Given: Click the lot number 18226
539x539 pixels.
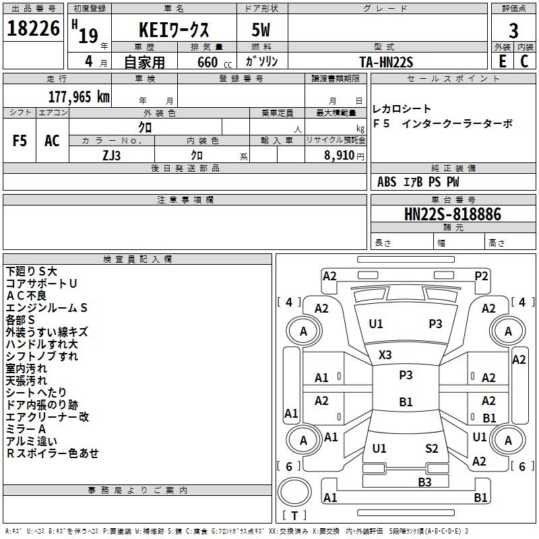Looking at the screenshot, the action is coord(33,28).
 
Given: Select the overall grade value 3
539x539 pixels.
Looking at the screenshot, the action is coord(513,31).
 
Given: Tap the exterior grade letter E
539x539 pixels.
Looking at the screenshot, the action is coord(503,61).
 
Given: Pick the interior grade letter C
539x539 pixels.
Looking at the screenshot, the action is coord(524,61).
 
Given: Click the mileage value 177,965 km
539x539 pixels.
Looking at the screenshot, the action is coord(79,97).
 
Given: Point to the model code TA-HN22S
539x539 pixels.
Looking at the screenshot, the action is coord(386,62).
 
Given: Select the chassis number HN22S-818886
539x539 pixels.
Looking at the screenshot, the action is coord(453,214).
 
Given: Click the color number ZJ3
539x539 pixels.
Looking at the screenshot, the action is coord(111,156).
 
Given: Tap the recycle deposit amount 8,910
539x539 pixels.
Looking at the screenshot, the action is coord(339,155).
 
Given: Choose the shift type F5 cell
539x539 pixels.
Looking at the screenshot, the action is coord(20,140).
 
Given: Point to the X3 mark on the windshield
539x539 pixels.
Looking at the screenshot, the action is coord(385,354).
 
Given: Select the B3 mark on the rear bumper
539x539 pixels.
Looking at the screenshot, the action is coord(424,482).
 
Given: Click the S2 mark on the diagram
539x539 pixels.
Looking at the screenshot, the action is coord(431,448).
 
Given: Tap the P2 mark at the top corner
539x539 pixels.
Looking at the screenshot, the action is coord(481,276).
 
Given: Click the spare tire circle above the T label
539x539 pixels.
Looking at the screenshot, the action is coord(294,492).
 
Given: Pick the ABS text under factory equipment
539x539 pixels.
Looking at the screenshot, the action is coord(387,182).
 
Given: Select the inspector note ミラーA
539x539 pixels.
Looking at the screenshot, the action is coord(26,429).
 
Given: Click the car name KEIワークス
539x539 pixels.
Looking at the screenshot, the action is coord(174,30).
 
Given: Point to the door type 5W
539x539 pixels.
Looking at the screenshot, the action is coord(261,30).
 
